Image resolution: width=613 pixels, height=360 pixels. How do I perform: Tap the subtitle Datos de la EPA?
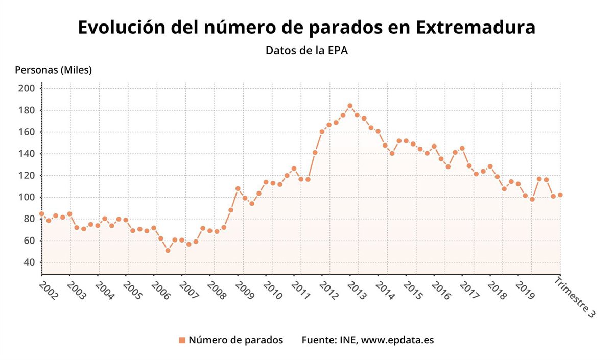(306, 51)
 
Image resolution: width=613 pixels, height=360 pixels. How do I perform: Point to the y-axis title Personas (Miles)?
(54, 70)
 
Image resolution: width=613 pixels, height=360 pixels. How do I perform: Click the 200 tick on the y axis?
(26, 89)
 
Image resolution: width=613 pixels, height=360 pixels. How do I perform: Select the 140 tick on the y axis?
(26, 154)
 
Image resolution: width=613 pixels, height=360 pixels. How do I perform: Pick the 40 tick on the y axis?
(28, 262)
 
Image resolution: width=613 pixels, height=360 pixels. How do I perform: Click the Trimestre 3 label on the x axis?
(575, 297)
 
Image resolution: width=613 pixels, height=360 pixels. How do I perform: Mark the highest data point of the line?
(350, 106)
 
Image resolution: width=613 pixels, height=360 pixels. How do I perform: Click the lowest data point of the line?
(168, 250)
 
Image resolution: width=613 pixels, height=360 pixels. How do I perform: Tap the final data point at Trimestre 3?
(560, 195)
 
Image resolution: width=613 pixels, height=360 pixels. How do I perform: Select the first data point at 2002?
(41, 214)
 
